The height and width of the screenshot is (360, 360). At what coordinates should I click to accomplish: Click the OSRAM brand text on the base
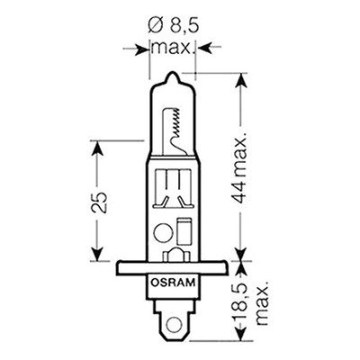(173, 283)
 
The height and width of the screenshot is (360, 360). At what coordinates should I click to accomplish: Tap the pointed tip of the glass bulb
(173, 73)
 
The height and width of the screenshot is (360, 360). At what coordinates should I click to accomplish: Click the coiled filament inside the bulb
(176, 124)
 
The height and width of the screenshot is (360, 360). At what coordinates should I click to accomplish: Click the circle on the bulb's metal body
(163, 233)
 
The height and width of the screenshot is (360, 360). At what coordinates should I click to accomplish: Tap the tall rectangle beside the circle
(184, 231)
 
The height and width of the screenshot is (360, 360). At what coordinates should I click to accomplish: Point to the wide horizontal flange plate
(172, 267)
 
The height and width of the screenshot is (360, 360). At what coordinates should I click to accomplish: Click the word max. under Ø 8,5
(171, 48)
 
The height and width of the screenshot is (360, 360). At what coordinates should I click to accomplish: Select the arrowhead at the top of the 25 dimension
(97, 148)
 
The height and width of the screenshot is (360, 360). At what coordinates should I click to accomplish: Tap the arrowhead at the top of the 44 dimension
(240, 80)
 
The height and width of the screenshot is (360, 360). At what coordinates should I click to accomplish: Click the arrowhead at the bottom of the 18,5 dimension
(240, 334)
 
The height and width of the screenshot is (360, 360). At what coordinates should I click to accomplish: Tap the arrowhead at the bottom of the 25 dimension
(97, 254)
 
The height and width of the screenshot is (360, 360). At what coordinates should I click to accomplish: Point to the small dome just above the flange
(176, 255)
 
